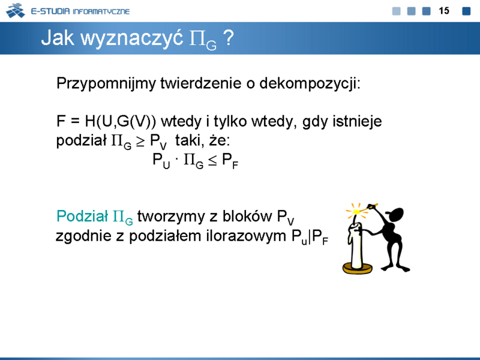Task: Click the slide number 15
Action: [x=444, y=11]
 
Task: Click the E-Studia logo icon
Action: [x=16, y=11]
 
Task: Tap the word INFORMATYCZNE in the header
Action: [x=101, y=11]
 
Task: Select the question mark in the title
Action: [x=229, y=38]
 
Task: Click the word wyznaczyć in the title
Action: [x=131, y=38]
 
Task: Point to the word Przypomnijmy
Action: [x=106, y=83]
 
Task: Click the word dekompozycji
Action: [x=310, y=83]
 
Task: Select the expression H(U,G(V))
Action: [x=121, y=121]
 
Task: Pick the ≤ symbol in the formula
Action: [x=212, y=161]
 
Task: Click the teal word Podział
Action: [x=82, y=216]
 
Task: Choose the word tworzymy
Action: [x=171, y=217]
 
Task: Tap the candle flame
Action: [x=356, y=212]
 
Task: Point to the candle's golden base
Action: [x=357, y=268]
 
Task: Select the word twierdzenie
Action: [x=201, y=83]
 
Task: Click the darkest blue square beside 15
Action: [x=466, y=11]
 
